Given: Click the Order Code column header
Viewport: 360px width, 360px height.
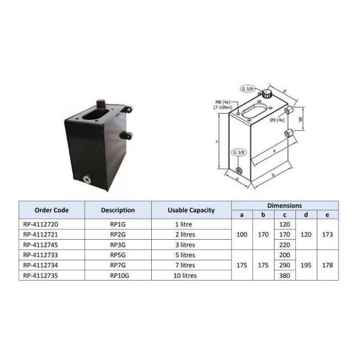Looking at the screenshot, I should click(x=51, y=210).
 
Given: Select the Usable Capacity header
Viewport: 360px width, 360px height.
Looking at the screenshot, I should click(x=191, y=210).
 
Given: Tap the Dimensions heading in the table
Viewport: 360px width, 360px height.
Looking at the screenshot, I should click(x=284, y=205).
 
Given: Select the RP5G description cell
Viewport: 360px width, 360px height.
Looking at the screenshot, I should click(x=118, y=255).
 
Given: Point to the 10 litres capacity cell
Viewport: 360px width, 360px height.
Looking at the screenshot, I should click(x=185, y=275).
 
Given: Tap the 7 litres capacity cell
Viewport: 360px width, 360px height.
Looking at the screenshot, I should click(x=185, y=265).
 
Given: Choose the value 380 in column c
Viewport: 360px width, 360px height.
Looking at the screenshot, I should click(x=284, y=275).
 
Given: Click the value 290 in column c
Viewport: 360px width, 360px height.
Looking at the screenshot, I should click(x=284, y=265).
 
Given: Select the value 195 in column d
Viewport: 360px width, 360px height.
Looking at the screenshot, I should click(x=307, y=265).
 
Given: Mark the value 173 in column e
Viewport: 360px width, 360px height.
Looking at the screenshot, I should click(x=328, y=235).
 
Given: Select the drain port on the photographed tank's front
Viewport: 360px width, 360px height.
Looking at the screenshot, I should click(x=86, y=179).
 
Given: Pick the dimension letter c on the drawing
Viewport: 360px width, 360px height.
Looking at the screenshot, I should click(x=218, y=140).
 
